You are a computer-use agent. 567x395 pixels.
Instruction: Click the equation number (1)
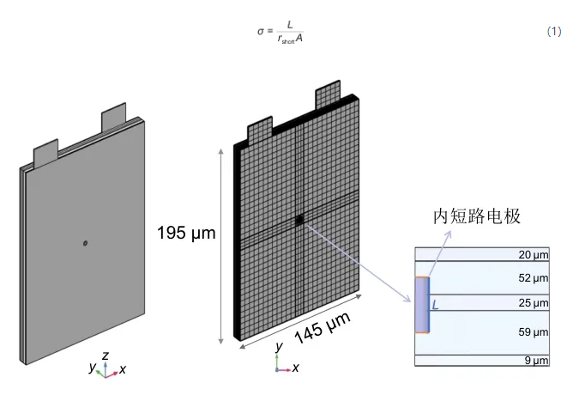click(554, 32)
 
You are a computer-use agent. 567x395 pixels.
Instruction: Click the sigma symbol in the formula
click(261, 32)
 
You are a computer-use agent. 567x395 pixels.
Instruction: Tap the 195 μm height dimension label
click(186, 233)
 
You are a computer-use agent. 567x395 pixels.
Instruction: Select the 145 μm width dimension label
click(323, 328)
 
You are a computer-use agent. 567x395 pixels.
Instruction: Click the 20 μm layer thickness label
click(534, 255)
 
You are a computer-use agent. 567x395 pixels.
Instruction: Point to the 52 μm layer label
click(534, 278)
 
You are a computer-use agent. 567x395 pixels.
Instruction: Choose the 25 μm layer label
click(534, 302)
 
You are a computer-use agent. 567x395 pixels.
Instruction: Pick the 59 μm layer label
click(534, 332)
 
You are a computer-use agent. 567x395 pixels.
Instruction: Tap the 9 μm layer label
click(537, 361)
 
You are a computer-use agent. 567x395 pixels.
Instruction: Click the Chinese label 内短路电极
click(477, 216)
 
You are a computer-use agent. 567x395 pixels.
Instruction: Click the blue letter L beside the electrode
click(436, 305)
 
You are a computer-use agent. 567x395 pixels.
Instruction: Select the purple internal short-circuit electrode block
click(422, 305)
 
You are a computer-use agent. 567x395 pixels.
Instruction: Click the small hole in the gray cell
click(85, 243)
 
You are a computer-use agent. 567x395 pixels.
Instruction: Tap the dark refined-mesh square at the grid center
click(299, 220)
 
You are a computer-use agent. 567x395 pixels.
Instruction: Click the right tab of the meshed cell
click(328, 94)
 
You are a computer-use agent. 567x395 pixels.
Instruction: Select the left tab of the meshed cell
click(260, 130)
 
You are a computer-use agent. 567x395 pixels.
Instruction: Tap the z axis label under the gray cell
click(106, 355)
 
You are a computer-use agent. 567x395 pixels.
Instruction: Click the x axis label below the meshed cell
click(296, 368)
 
